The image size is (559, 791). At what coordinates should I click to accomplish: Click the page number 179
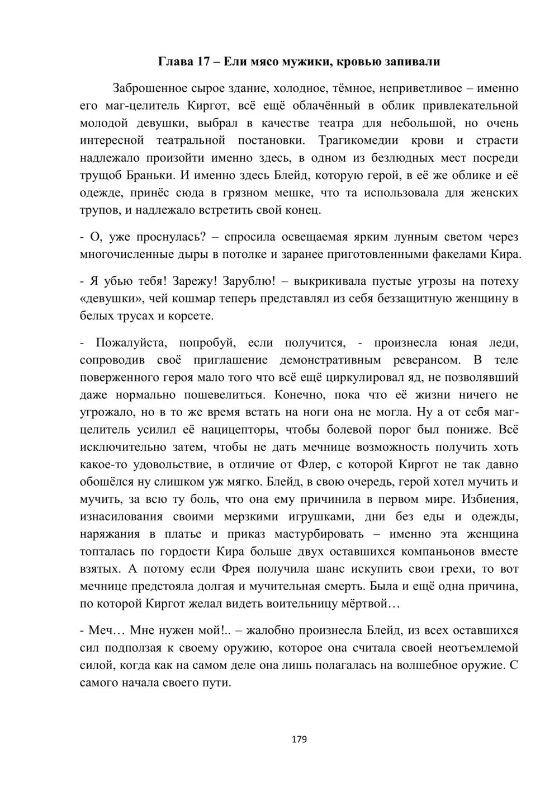click(x=299, y=740)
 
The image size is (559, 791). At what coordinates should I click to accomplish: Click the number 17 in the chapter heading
click(x=203, y=62)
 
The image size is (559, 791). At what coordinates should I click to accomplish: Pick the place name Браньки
click(x=147, y=175)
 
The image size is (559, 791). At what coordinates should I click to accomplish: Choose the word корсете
click(x=191, y=316)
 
